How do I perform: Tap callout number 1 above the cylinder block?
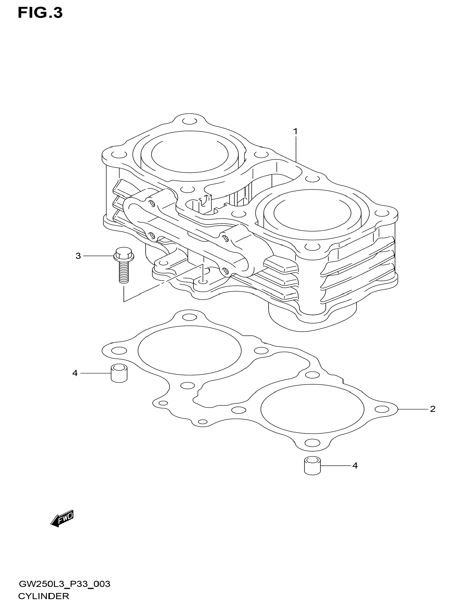(x=295, y=132)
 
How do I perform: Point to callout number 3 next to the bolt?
(x=78, y=256)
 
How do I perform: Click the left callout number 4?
(x=75, y=373)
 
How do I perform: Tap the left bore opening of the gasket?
(x=189, y=350)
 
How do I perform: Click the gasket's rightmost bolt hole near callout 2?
(x=382, y=416)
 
